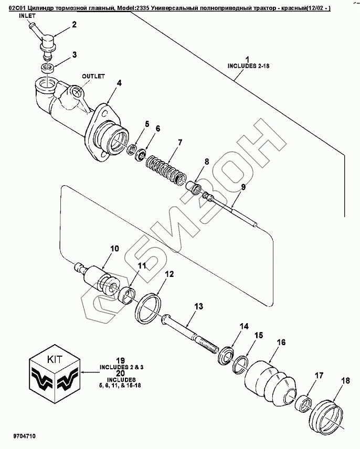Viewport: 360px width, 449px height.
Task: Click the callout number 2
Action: tap(74, 25)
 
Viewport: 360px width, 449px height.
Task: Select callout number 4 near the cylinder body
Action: tap(119, 82)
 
